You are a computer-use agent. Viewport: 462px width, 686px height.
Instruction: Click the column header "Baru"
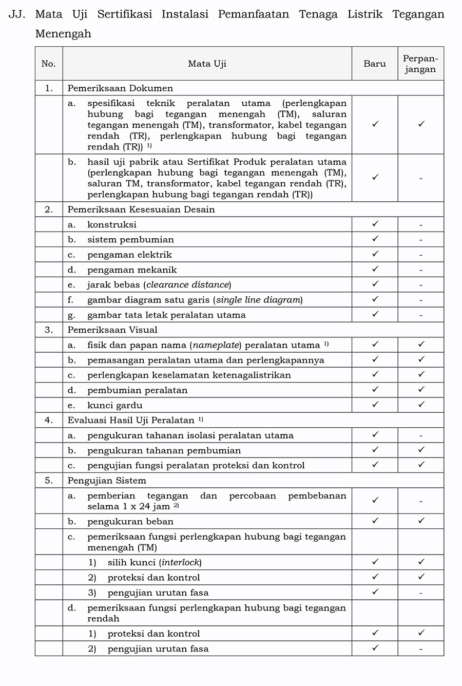coord(374,64)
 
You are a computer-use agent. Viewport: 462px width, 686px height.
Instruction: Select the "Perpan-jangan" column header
coord(420,64)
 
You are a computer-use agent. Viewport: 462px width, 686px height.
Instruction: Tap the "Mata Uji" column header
coord(207,64)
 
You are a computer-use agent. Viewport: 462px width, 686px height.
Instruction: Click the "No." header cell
coord(49,64)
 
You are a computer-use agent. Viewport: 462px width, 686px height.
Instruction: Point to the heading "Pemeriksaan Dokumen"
coord(120,88)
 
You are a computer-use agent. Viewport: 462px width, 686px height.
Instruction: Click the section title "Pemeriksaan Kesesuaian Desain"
coord(141,209)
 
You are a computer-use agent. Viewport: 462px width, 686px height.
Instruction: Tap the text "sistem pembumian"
coord(130,240)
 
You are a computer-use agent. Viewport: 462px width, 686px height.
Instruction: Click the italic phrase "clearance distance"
coord(187,285)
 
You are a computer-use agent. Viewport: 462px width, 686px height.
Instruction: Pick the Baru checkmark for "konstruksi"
coord(375,224)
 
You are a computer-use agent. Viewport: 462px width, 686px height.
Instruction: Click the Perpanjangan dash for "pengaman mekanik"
coord(420,270)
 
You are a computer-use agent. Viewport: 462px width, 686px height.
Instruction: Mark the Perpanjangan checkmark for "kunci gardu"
coord(421,405)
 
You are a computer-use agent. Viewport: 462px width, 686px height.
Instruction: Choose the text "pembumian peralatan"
coord(137,390)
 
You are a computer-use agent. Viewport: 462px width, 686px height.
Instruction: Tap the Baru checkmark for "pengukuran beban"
coord(375,521)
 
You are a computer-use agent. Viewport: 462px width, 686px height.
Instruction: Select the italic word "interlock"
coord(181,563)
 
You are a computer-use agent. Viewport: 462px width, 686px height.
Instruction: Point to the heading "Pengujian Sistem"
coord(107,481)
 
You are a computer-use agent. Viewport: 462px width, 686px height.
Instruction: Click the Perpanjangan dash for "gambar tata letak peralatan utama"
coord(420,315)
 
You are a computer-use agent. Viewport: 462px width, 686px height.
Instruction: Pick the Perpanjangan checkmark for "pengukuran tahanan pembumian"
coord(421,450)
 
